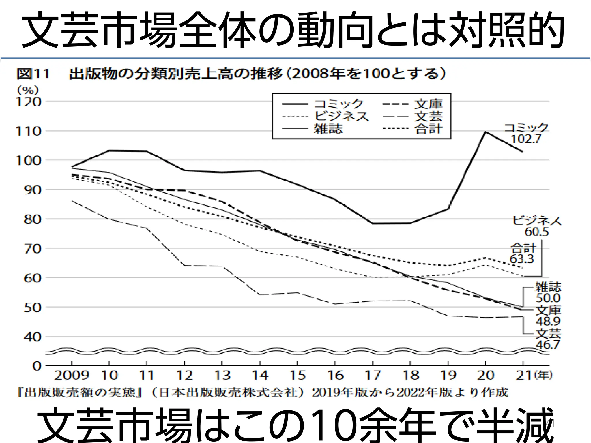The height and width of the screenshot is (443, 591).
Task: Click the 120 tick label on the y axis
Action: click(x=29, y=102)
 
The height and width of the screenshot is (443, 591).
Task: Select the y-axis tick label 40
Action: click(x=32, y=337)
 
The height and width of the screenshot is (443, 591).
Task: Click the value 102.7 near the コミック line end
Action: click(x=526, y=139)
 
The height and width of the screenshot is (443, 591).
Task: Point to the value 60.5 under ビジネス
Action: click(x=536, y=232)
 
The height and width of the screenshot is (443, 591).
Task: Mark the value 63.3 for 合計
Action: click(x=522, y=259)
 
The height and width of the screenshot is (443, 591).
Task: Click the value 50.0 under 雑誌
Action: click(x=548, y=298)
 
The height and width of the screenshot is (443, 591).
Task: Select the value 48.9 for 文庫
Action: click(x=548, y=321)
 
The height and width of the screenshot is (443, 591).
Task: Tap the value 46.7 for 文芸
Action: click(x=548, y=344)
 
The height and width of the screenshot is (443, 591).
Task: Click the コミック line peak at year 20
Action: click(x=486, y=132)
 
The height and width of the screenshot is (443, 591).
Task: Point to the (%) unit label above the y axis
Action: click(x=28, y=91)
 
